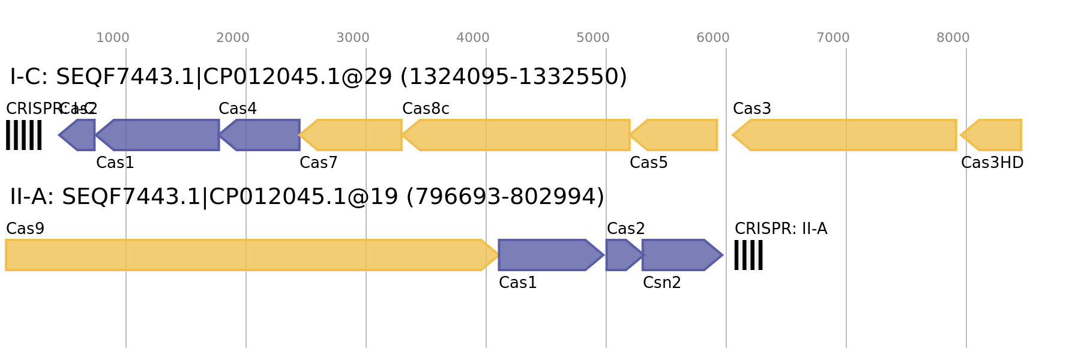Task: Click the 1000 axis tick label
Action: click(x=113, y=38)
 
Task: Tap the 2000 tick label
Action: click(x=233, y=38)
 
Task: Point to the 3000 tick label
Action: click(x=353, y=38)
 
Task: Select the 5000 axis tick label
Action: click(x=593, y=38)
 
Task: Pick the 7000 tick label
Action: click(x=833, y=38)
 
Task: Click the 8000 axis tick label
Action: click(x=953, y=38)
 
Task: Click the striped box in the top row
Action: click(x=23, y=135)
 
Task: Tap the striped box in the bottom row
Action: click(x=748, y=255)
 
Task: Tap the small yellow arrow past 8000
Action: click(x=993, y=135)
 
